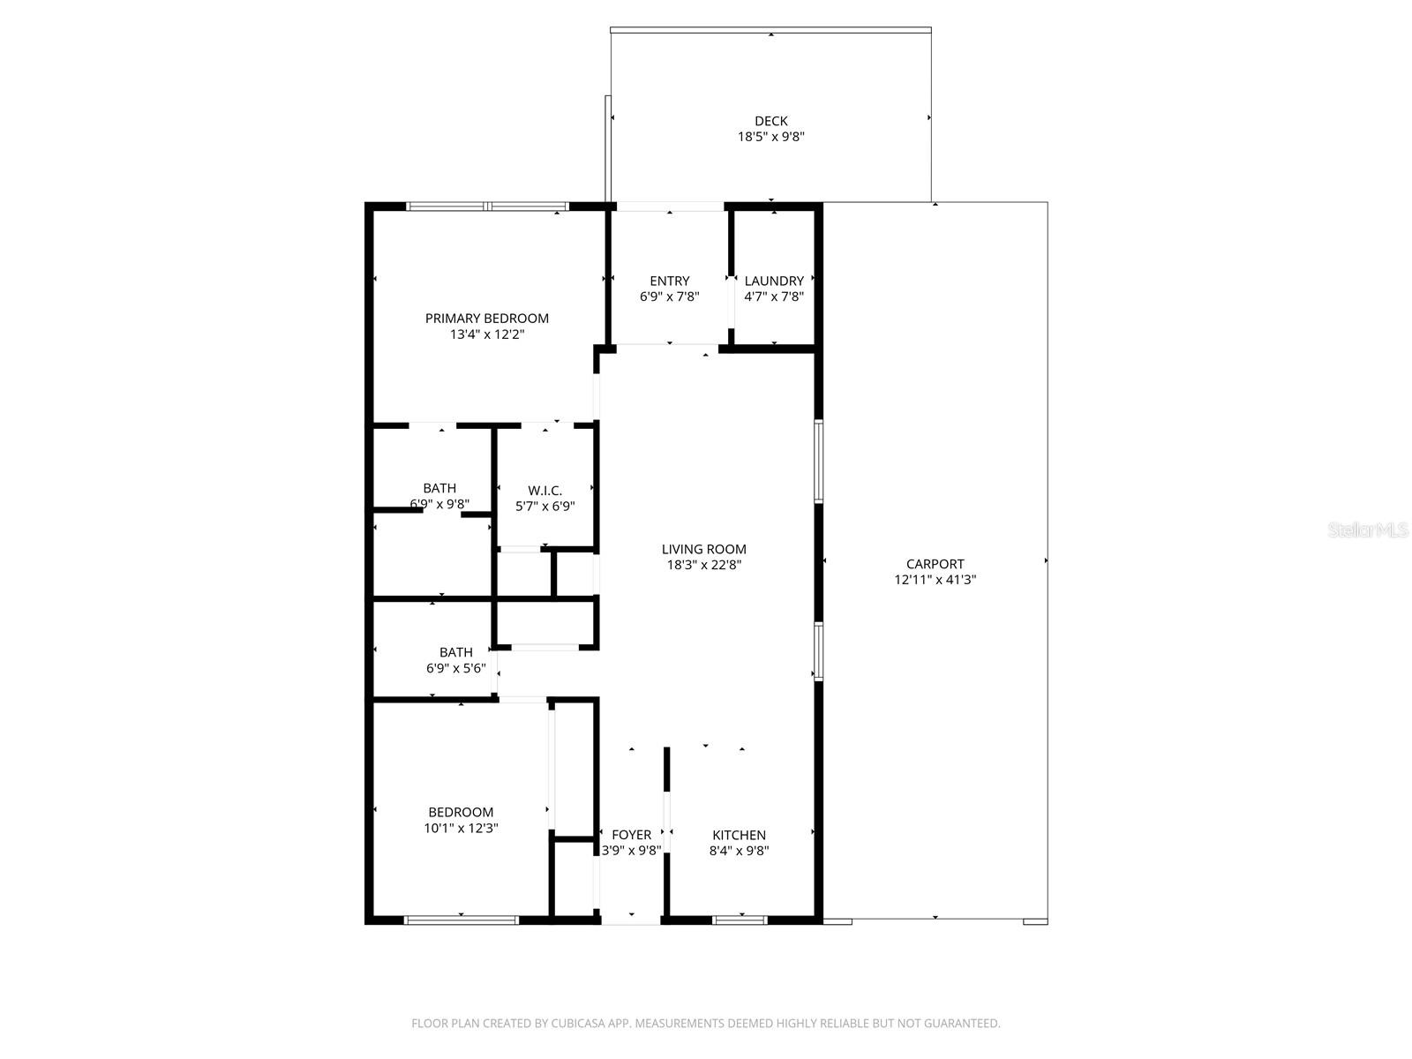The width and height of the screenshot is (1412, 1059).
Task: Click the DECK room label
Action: point(770,121)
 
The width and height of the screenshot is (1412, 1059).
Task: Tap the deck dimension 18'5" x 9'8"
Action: point(770,137)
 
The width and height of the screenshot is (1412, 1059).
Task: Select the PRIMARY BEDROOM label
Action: point(486,319)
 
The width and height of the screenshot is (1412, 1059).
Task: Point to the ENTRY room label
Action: point(670,282)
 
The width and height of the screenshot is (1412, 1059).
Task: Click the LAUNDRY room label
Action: point(774,282)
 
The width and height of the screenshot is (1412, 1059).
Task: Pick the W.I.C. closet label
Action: point(545,491)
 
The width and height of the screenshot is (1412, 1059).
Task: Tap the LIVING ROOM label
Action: point(703,549)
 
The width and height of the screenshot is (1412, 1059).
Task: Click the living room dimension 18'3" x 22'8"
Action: point(703,565)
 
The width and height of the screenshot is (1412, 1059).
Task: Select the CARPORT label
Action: point(935,564)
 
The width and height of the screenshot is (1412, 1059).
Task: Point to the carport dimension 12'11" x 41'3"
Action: point(935,580)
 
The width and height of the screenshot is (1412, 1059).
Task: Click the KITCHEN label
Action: point(739,835)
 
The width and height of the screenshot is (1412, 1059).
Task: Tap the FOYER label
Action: point(631,835)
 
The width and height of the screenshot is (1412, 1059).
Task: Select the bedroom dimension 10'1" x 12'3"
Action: point(461,828)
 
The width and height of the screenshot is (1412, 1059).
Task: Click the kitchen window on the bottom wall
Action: point(740,920)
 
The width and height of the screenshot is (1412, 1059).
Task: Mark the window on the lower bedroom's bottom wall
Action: point(461,920)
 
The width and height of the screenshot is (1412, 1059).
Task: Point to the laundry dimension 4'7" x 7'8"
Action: point(774,297)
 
